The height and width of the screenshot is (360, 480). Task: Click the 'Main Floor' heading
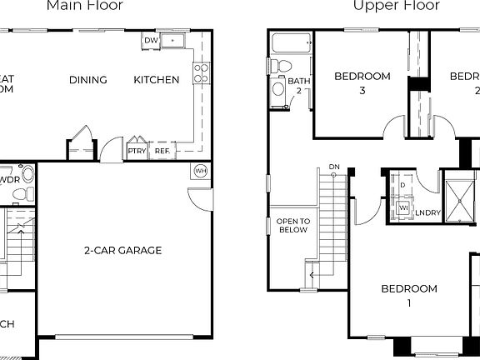(85, 6)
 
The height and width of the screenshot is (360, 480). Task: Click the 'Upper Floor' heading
(386, 6)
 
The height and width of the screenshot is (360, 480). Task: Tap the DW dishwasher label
(150, 40)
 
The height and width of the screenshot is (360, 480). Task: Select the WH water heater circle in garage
(200, 171)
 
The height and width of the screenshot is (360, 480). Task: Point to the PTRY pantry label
(137, 151)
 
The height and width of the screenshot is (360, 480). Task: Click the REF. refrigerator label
(162, 151)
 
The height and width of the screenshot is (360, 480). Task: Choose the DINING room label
(88, 80)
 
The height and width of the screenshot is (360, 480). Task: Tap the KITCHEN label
(157, 80)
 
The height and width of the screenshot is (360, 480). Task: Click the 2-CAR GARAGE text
(122, 250)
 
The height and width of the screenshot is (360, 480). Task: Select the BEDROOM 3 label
(362, 82)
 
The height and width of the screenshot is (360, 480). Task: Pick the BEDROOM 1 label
(409, 296)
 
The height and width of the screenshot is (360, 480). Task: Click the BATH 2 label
(299, 85)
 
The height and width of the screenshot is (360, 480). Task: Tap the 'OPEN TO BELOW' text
(292, 225)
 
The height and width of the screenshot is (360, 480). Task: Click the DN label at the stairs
(334, 167)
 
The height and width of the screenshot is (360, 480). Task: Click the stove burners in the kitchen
(200, 73)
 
